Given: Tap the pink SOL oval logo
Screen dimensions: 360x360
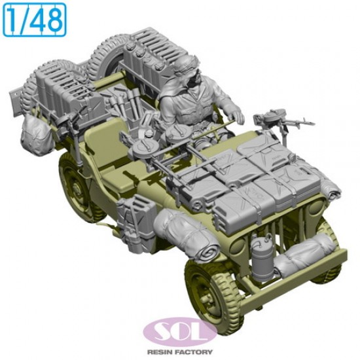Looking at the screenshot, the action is point(180,331).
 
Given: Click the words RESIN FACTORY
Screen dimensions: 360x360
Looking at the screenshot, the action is point(180,352).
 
